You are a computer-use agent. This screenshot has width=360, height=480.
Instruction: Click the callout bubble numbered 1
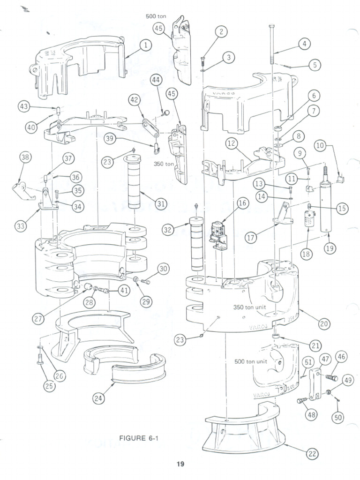point(146,45)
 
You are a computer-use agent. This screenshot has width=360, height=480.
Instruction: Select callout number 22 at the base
point(312,453)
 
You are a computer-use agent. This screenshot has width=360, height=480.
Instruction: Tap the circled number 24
point(98,398)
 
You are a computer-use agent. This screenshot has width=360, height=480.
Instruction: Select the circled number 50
point(337,416)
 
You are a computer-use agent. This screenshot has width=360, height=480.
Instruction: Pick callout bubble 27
point(38,318)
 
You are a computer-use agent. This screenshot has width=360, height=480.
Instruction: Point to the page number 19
point(180,465)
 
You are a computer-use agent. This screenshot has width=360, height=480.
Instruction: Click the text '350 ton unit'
point(250,308)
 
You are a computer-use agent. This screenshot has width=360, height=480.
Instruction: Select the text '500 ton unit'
point(251,362)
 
